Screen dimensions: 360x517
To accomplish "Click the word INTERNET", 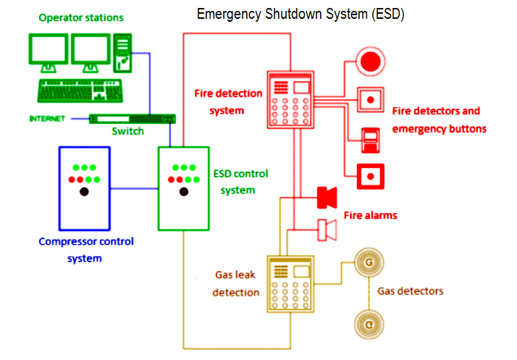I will point(46,118).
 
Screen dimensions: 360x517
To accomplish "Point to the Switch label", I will point(127,131).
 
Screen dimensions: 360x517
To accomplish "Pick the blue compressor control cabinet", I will point(84,188).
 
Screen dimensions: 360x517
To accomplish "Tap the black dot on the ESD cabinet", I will point(184,192).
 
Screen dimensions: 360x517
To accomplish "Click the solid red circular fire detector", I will point(371,60).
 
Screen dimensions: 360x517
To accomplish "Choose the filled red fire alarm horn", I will point(327,196).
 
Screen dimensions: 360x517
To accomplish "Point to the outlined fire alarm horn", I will point(328,229).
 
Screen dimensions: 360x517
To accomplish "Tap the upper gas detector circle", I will point(369,261).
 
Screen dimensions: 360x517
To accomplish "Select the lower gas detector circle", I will point(369,322).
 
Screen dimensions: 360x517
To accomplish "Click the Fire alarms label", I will point(370,215).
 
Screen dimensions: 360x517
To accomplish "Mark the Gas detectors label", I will point(411,291).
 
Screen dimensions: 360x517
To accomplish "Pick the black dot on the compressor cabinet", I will point(84,192).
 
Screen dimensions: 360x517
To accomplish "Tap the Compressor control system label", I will point(85,249).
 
